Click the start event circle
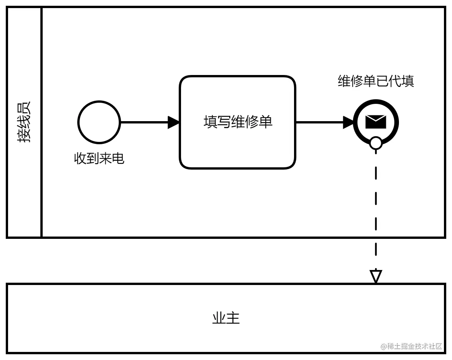coord(99,122)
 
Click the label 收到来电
coord(99,158)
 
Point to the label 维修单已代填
coord(376,81)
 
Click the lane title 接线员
coord(24,122)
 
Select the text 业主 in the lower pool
coord(226,318)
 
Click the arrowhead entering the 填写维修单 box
coord(174,122)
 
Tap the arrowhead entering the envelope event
coord(348,122)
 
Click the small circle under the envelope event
coord(376,143)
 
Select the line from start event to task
coord(144,122)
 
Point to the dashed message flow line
coord(376,208)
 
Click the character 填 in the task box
coord(210,122)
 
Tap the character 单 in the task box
coord(266,122)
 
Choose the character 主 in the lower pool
coord(233,318)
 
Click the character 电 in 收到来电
coord(118,158)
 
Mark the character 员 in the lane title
coord(24,109)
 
